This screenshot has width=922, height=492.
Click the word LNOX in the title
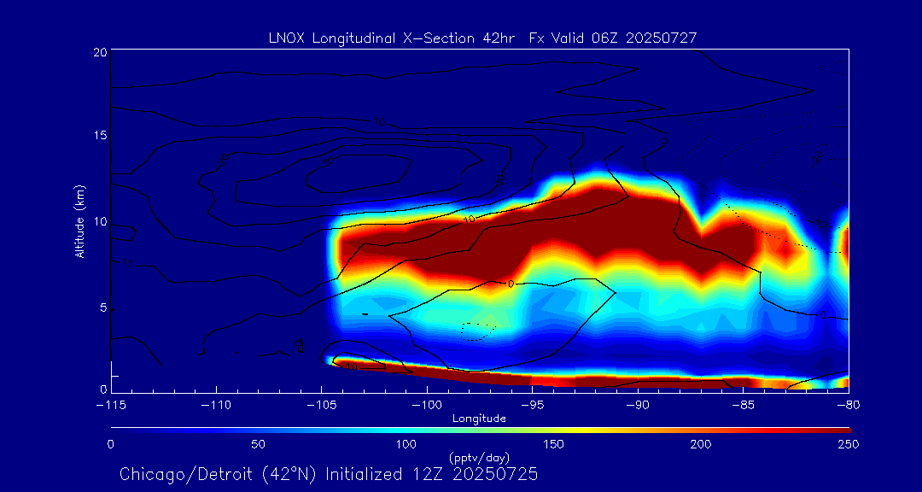click(283, 38)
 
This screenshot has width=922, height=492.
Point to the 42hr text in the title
click(497, 38)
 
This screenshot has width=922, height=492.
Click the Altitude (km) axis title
click(80, 221)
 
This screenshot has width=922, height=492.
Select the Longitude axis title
click(479, 419)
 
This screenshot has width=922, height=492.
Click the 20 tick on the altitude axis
click(100, 53)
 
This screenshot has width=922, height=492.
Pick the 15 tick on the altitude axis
click(100, 137)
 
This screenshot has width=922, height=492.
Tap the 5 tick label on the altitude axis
click(102, 307)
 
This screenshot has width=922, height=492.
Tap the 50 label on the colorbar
click(259, 444)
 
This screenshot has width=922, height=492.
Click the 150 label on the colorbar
click(554, 444)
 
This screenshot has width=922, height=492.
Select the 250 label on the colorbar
click(849, 444)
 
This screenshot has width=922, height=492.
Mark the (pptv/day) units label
click(479, 458)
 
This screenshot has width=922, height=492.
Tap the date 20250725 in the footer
click(497, 473)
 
